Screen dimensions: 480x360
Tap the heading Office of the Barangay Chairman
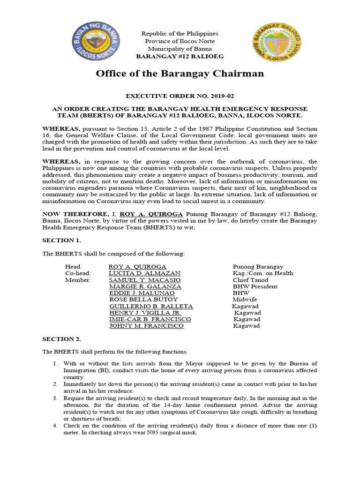click(x=180, y=74)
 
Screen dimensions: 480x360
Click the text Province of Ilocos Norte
click(x=180, y=41)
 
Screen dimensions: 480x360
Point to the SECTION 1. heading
click(x=62, y=240)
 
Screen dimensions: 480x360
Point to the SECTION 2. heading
click(x=62, y=338)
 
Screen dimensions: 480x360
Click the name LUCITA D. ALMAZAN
click(x=144, y=273)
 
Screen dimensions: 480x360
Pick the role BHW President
click(x=255, y=286)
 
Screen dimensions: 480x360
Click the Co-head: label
click(x=78, y=273)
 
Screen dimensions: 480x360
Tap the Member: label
click(x=78, y=280)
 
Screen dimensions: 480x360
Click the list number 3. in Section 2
click(x=55, y=398)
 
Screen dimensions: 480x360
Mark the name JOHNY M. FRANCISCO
click(x=146, y=326)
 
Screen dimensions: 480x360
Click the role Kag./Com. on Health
click(x=262, y=273)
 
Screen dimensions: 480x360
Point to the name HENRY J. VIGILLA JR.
click(x=145, y=313)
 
